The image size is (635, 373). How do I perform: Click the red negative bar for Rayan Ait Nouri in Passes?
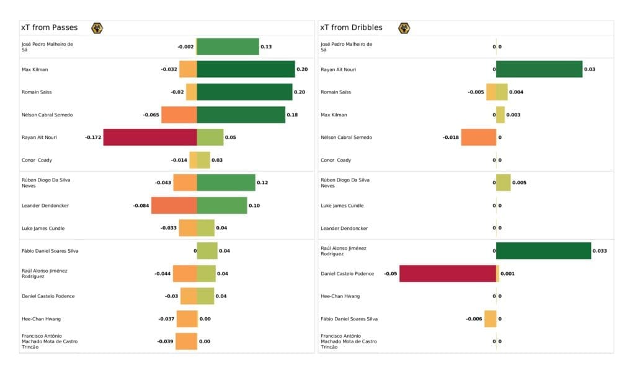point(149,137)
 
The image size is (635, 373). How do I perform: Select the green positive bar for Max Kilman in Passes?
point(246,69)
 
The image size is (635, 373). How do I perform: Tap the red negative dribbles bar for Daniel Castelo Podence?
point(447,273)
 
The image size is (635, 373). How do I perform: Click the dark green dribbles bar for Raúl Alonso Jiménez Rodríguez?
point(543,250)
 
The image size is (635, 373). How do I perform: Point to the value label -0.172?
point(93,137)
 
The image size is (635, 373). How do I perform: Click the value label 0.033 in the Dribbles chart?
point(600,251)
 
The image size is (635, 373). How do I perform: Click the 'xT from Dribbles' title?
point(352,28)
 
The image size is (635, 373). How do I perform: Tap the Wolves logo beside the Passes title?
point(97,28)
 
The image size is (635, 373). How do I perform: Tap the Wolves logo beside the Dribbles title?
point(404,28)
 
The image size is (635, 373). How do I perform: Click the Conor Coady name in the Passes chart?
point(37,160)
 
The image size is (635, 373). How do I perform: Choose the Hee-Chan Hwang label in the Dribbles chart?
point(340,296)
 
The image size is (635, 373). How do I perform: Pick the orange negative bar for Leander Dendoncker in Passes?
point(174,205)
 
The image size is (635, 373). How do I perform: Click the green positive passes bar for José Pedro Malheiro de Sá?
point(228,46)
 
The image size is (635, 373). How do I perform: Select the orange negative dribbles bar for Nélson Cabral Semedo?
point(478,137)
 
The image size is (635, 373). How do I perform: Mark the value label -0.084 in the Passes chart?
point(141,205)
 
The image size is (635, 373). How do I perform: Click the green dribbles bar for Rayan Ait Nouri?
point(539,69)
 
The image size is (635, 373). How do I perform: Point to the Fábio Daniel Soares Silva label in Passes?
point(50,251)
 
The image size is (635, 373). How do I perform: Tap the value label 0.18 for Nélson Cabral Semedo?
point(292,115)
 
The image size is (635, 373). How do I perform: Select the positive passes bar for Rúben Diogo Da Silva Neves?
point(226,182)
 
